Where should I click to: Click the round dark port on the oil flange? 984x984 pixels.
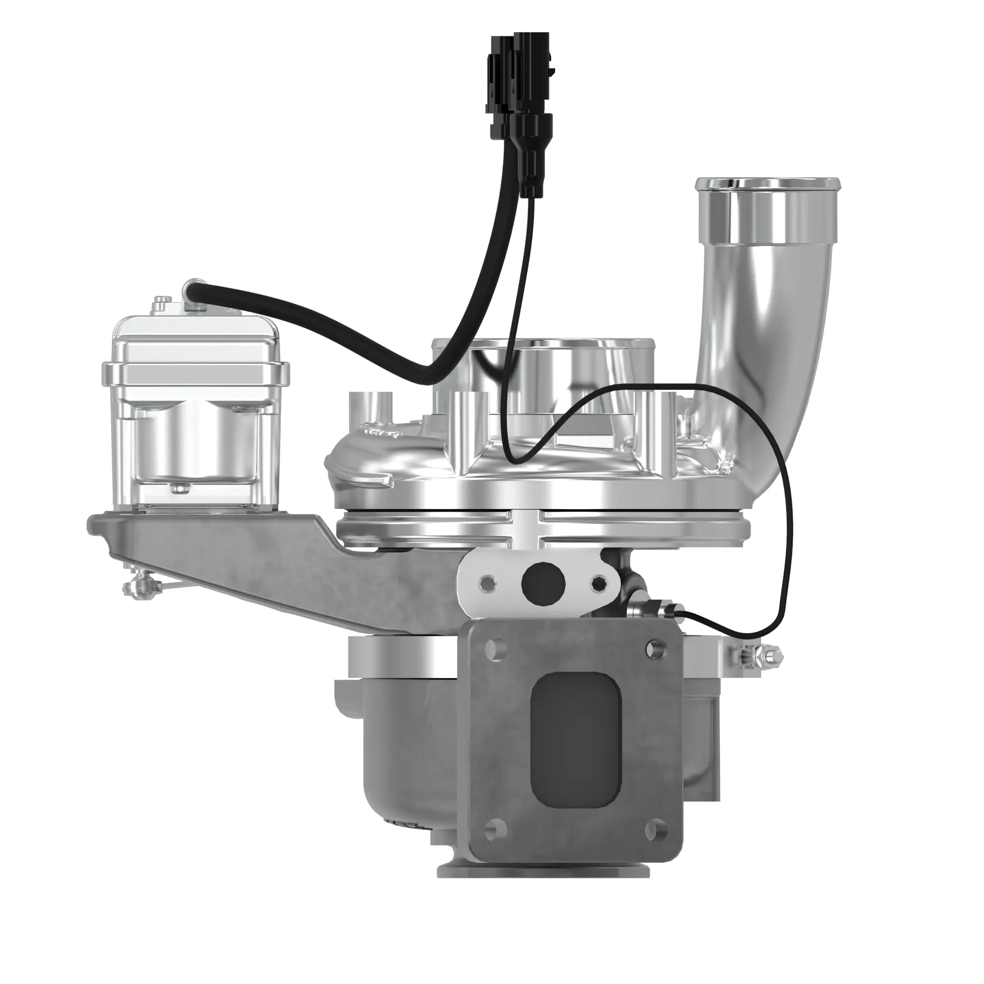click(x=544, y=582)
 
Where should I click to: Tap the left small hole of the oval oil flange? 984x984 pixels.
click(x=488, y=582)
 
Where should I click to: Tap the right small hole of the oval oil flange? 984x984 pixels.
click(x=600, y=582)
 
